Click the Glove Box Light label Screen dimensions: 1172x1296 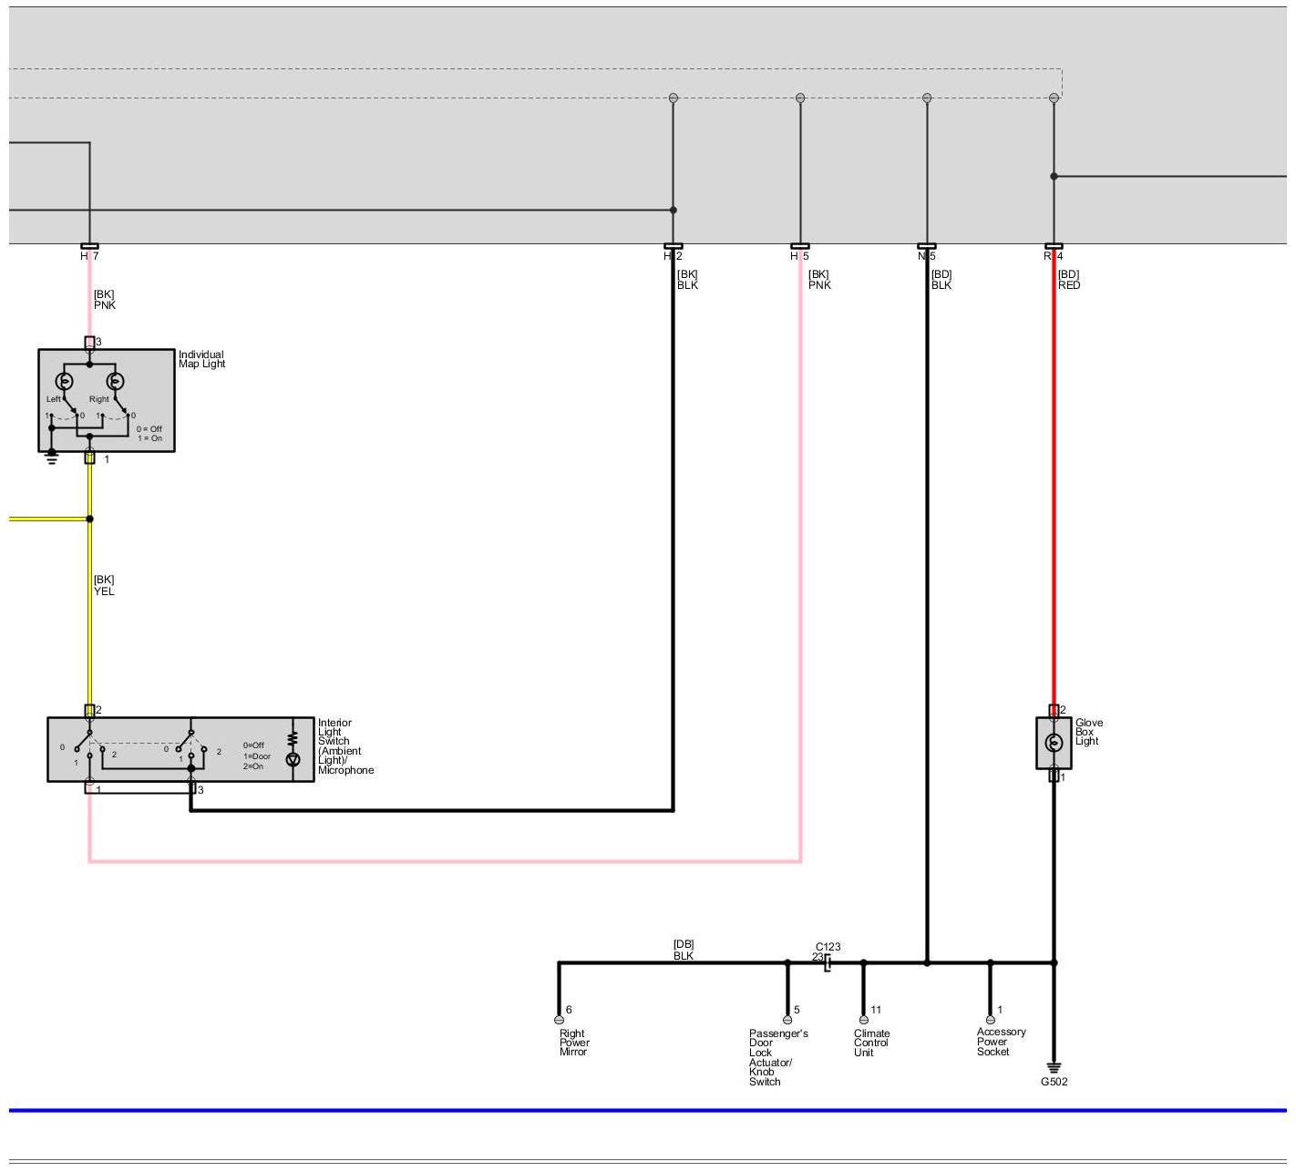click(x=1088, y=732)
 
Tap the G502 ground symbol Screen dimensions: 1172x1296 click(x=1054, y=1068)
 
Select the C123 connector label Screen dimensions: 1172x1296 click(x=828, y=947)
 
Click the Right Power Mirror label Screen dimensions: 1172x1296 click(x=574, y=1043)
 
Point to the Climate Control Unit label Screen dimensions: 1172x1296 click(x=871, y=1043)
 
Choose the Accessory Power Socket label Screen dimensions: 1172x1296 click(x=1001, y=1042)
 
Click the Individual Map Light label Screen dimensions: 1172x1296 click(x=201, y=359)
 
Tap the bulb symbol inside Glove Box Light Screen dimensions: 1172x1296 click(x=1054, y=743)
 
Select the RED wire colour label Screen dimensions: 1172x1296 click(x=1069, y=285)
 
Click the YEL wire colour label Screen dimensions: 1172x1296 click(x=104, y=591)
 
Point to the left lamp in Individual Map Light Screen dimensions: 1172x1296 click(x=65, y=381)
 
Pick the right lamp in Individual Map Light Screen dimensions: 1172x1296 click(x=115, y=381)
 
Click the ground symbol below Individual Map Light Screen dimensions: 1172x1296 click(x=52, y=457)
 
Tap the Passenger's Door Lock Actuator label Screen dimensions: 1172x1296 click(x=777, y=1057)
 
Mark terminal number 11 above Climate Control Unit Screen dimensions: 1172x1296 click(x=876, y=1010)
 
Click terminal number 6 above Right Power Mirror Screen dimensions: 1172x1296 click(x=569, y=1010)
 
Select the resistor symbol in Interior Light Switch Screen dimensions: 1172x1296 click(x=293, y=738)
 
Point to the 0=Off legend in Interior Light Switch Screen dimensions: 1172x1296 click(x=253, y=745)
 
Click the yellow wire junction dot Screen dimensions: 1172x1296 click(x=89, y=519)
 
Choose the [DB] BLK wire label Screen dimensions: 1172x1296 click(x=684, y=950)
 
